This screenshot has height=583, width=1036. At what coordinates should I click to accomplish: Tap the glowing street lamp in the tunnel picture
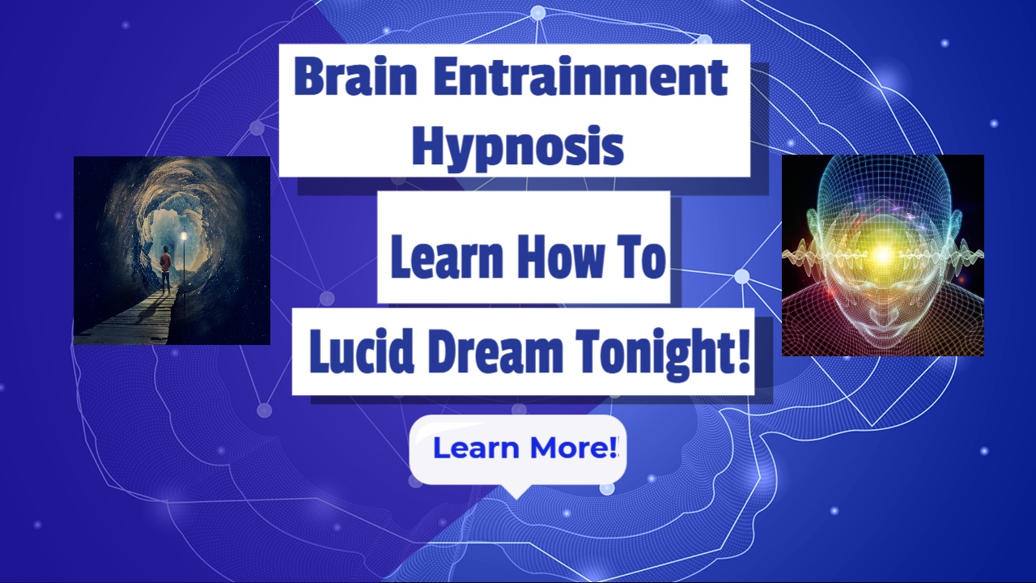click(185, 236)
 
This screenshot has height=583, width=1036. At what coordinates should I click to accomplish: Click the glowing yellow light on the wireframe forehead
click(882, 254)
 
